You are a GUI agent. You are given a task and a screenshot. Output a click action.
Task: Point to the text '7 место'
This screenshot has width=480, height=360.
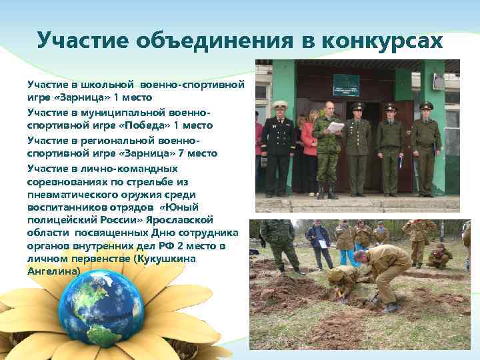[x=199, y=153]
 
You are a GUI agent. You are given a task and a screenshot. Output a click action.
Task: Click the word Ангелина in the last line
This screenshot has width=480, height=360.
[x=53, y=272]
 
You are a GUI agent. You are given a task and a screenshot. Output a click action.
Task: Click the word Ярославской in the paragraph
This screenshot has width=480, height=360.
[x=194, y=219]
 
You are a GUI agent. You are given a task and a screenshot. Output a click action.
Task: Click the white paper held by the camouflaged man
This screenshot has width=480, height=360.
[x=336, y=127]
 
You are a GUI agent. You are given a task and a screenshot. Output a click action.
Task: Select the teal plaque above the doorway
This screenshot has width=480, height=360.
[x=346, y=85]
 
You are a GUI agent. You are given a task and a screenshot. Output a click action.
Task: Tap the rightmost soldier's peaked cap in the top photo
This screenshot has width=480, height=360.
[x=426, y=105]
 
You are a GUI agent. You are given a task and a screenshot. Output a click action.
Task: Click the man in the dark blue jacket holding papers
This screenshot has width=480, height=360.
[x=319, y=244]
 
